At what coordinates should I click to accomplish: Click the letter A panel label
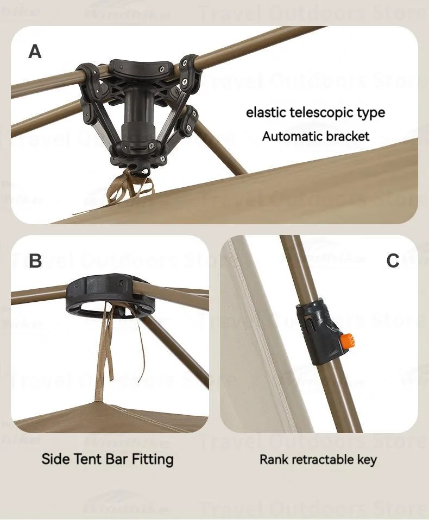tap(35, 52)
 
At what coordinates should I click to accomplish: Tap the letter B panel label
tap(35, 261)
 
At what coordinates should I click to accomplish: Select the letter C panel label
tap(393, 261)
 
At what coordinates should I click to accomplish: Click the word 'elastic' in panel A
tap(266, 113)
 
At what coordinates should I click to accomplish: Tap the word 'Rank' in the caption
tap(274, 460)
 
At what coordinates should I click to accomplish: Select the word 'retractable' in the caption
tap(323, 460)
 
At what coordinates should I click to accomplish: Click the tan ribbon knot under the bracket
tap(130, 185)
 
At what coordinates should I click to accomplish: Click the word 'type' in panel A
tap(371, 113)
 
